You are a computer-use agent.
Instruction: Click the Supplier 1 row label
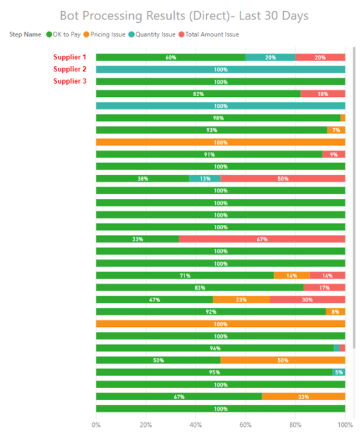(70, 57)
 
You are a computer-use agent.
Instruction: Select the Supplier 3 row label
(70, 81)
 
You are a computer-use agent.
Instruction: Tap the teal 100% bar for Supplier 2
(221, 70)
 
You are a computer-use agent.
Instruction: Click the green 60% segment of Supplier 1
(171, 57)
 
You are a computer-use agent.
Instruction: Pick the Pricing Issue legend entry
(105, 34)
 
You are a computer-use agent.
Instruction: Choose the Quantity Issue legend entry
(152, 34)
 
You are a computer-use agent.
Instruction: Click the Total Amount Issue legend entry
(209, 34)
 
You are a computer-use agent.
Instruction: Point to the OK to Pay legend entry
(64, 34)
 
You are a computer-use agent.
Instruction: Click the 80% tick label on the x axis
(295, 425)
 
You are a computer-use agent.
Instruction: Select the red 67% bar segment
(262, 239)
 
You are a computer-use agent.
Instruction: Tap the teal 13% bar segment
(205, 179)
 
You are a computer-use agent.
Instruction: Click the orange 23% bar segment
(241, 300)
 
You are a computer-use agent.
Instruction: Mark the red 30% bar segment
(307, 300)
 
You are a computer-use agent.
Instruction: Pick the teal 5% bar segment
(339, 372)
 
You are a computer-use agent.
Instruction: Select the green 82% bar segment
(198, 94)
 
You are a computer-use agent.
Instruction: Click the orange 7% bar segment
(336, 130)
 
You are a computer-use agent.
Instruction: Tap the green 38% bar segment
(142, 179)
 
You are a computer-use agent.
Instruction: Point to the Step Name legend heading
(25, 34)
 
